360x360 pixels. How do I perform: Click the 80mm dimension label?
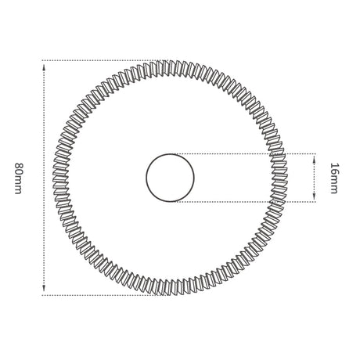coord(18,178)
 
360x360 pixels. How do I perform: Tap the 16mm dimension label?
coord(334,178)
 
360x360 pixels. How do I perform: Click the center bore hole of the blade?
coord(170,178)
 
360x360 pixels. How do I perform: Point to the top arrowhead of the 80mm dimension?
coord(44,67)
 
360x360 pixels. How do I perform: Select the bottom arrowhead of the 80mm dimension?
coord(44,288)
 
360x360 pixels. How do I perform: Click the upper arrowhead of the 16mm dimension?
coord(314,158)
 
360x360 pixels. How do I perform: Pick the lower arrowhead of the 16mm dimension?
coord(314,197)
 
